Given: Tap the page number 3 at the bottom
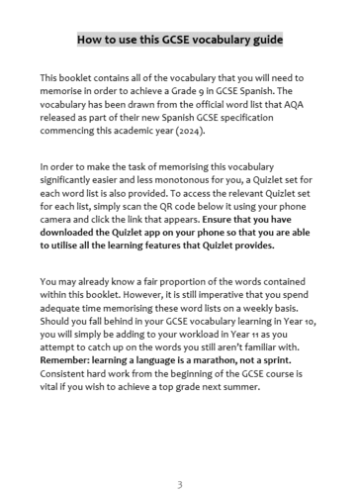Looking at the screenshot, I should pos(179,457).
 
